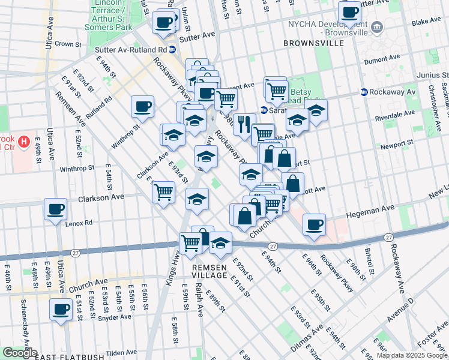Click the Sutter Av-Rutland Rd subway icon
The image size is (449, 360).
point(172,50)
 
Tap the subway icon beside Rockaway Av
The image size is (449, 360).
point(364,92)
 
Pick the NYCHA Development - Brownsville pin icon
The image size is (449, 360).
point(378,26)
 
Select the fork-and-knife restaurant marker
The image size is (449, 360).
point(244,124)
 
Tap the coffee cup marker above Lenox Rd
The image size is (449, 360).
point(56,209)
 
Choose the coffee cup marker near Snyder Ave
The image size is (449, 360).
point(61,308)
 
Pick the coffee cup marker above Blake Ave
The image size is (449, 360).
point(349,11)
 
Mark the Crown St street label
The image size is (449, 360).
point(68,44)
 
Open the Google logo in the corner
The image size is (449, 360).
point(20,353)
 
